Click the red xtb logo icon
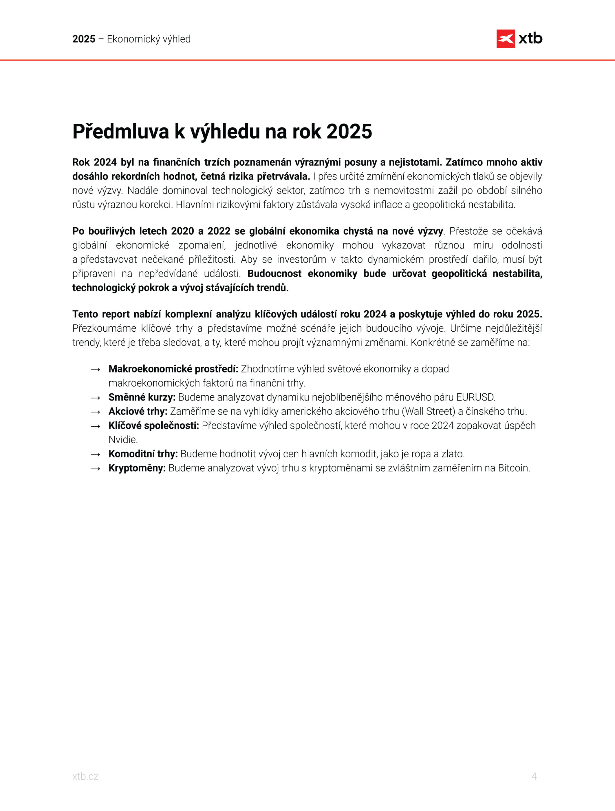point(506,39)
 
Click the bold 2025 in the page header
point(84,39)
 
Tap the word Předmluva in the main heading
point(120,131)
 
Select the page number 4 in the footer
point(534,776)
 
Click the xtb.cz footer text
point(85,776)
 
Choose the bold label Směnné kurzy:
point(142,397)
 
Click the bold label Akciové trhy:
point(138,411)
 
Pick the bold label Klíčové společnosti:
point(153,426)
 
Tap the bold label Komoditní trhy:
point(143,454)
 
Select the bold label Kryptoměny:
point(137,468)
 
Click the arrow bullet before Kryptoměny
point(95,469)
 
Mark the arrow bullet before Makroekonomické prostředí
point(95,370)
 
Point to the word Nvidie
point(123,440)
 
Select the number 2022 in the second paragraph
point(219,231)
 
